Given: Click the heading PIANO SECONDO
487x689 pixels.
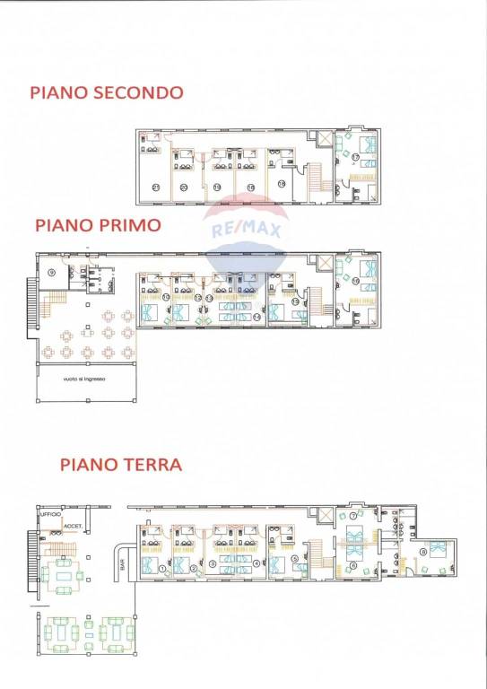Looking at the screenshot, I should (x=107, y=92).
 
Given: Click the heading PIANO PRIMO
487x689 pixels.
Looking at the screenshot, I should (x=98, y=224).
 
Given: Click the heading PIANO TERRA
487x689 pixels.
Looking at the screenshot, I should (x=121, y=465).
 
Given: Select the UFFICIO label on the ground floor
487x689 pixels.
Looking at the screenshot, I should (x=49, y=515).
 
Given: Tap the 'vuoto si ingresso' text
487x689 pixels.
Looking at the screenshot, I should (x=85, y=379).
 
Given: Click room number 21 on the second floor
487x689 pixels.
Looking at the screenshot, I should (x=155, y=187).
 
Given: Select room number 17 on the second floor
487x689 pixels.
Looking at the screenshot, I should (x=355, y=157).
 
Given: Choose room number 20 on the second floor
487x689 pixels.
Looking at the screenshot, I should (x=183, y=187).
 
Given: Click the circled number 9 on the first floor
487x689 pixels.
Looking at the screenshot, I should (x=52, y=271).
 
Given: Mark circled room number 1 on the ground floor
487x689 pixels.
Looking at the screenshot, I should (x=162, y=568).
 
